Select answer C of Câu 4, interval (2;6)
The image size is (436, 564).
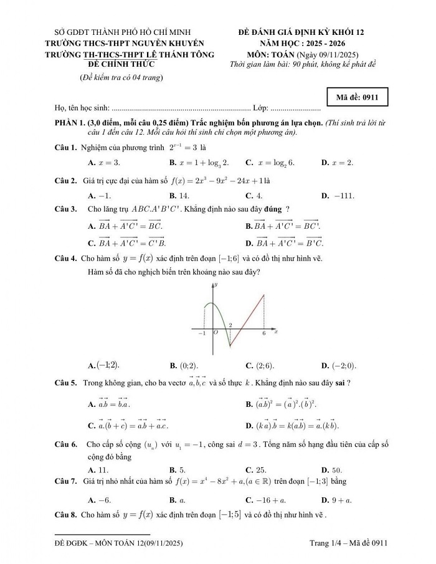point(260,366)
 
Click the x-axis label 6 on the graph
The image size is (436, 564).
point(263,334)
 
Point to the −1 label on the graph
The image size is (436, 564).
point(201,334)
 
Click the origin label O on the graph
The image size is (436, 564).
point(216,333)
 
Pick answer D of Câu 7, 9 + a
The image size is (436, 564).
point(336,500)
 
